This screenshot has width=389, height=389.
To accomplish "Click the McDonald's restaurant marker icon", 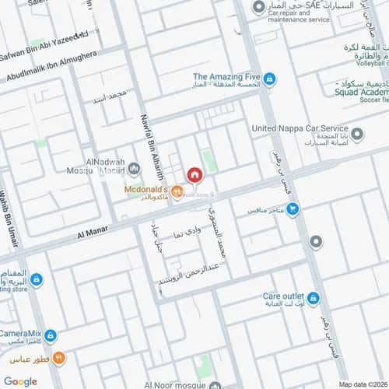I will pyautogui.click(x=176, y=188).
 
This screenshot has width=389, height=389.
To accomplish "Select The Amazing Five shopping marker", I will pyautogui.click(x=268, y=79).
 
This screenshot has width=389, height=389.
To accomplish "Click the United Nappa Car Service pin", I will pyautogui.click(x=357, y=135).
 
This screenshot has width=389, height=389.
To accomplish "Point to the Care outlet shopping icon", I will pyautogui.click(x=313, y=297).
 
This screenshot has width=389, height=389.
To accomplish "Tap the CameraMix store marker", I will pyautogui.click(x=51, y=335).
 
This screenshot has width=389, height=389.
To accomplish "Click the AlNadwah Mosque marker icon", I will pyautogui.click(x=134, y=169).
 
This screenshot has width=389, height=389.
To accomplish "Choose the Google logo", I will pyautogui.click(x=20, y=381).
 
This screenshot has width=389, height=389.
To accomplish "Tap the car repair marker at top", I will pyautogui.click(x=258, y=9).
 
